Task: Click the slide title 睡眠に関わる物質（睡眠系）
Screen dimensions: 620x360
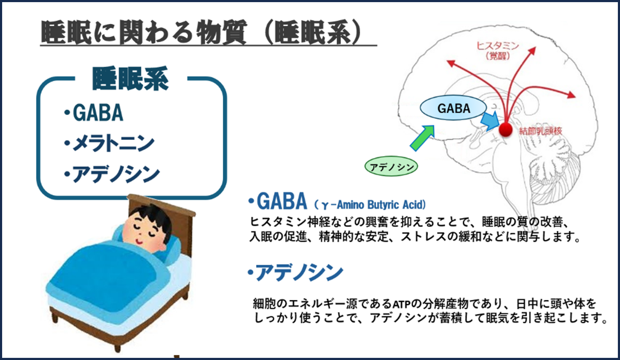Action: click(201, 32)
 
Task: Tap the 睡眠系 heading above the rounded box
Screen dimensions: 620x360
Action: click(130, 78)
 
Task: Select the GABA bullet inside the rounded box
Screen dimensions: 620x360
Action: click(93, 113)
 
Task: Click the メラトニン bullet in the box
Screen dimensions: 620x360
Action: click(109, 143)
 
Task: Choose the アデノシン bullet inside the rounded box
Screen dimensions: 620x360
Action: click(112, 174)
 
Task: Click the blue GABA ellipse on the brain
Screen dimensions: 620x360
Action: click(453, 108)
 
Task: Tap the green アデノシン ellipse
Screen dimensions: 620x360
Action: click(391, 167)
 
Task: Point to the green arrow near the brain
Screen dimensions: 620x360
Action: click(423, 138)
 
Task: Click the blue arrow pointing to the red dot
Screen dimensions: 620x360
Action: click(490, 121)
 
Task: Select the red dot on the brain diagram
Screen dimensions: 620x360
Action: click(506, 129)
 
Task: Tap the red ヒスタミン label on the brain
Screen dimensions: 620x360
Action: click(497, 46)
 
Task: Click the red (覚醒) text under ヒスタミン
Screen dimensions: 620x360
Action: click(498, 56)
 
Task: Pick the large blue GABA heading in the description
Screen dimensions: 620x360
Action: click(281, 201)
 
